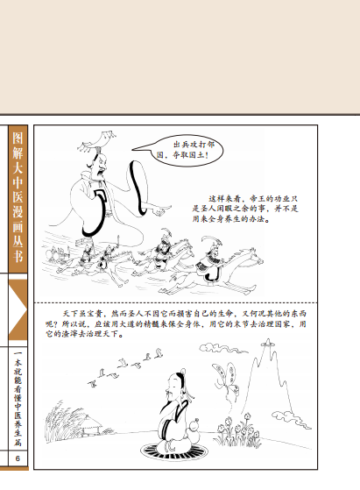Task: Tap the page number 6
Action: coord(18,458)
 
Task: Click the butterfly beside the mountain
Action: coord(226,380)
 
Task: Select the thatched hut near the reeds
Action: coord(92,426)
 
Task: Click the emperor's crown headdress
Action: coord(97,141)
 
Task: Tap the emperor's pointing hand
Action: coord(161,210)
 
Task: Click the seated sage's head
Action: coord(175,382)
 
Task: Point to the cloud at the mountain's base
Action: coord(291,420)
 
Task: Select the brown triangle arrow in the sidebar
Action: coord(18,309)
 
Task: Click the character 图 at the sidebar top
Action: coord(18,138)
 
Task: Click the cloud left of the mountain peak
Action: coord(220,348)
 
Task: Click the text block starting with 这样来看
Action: coord(245,209)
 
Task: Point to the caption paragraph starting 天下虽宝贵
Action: coord(176,323)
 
